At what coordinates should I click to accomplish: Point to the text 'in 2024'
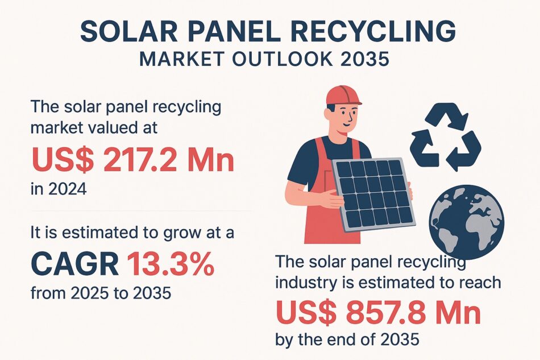tap(59, 189)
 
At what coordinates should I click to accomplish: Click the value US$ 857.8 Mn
tap(378, 312)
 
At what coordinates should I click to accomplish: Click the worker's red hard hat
tap(343, 96)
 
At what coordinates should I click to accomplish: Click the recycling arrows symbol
tap(446, 137)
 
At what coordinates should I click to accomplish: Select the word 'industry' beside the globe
tap(308, 283)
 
